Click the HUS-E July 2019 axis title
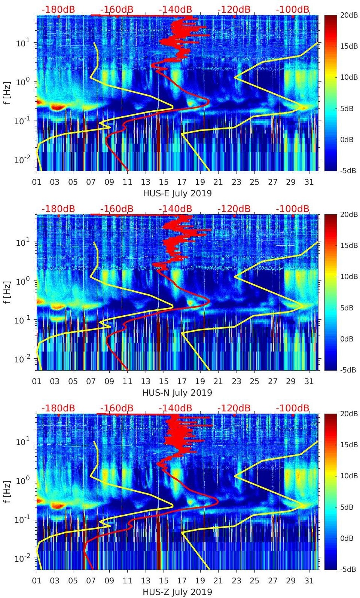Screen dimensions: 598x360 177,193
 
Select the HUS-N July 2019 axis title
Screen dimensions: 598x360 177,393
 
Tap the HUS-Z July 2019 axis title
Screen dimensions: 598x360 177,592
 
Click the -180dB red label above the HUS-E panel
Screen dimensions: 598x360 58,9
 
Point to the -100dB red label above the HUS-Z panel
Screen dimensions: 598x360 293,408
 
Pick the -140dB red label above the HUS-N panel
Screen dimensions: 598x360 176,209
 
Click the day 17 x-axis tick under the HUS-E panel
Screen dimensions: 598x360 182,182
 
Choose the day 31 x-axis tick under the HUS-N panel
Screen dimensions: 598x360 309,381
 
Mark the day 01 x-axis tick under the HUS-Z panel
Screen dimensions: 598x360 37,581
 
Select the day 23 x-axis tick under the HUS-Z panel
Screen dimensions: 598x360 236,581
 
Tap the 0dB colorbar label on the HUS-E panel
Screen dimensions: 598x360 348,139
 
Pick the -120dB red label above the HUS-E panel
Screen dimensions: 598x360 234,9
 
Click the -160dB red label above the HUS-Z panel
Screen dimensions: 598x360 117,408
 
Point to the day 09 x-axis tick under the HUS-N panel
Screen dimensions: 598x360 109,381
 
